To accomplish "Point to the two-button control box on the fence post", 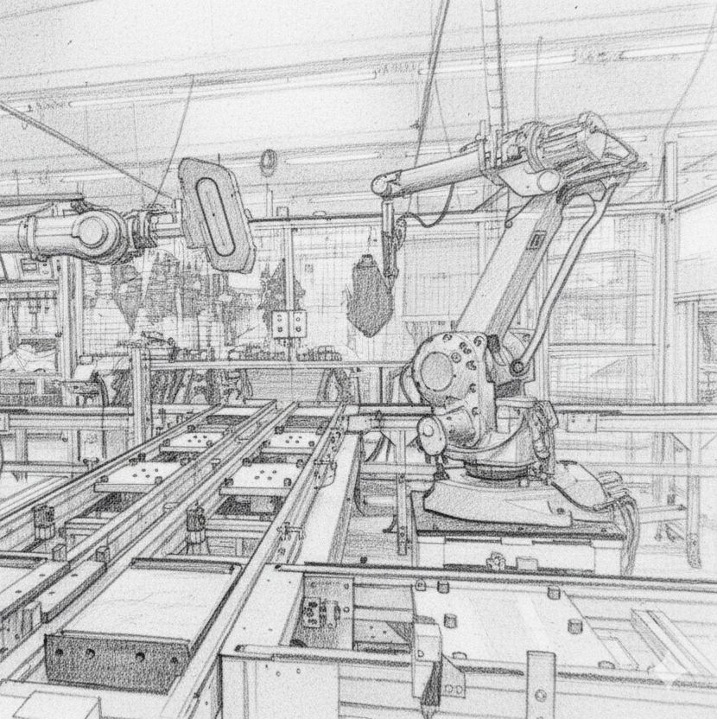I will (x=289, y=324).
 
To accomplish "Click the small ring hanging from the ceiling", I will (x=269, y=161).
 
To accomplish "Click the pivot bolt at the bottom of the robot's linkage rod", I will (x=517, y=366).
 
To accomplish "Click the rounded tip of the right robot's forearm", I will (x=381, y=184).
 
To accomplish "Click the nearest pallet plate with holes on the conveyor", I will (x=259, y=476).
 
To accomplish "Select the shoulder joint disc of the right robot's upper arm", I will (x=544, y=181).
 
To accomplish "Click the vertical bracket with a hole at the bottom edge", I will (x=541, y=687).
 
